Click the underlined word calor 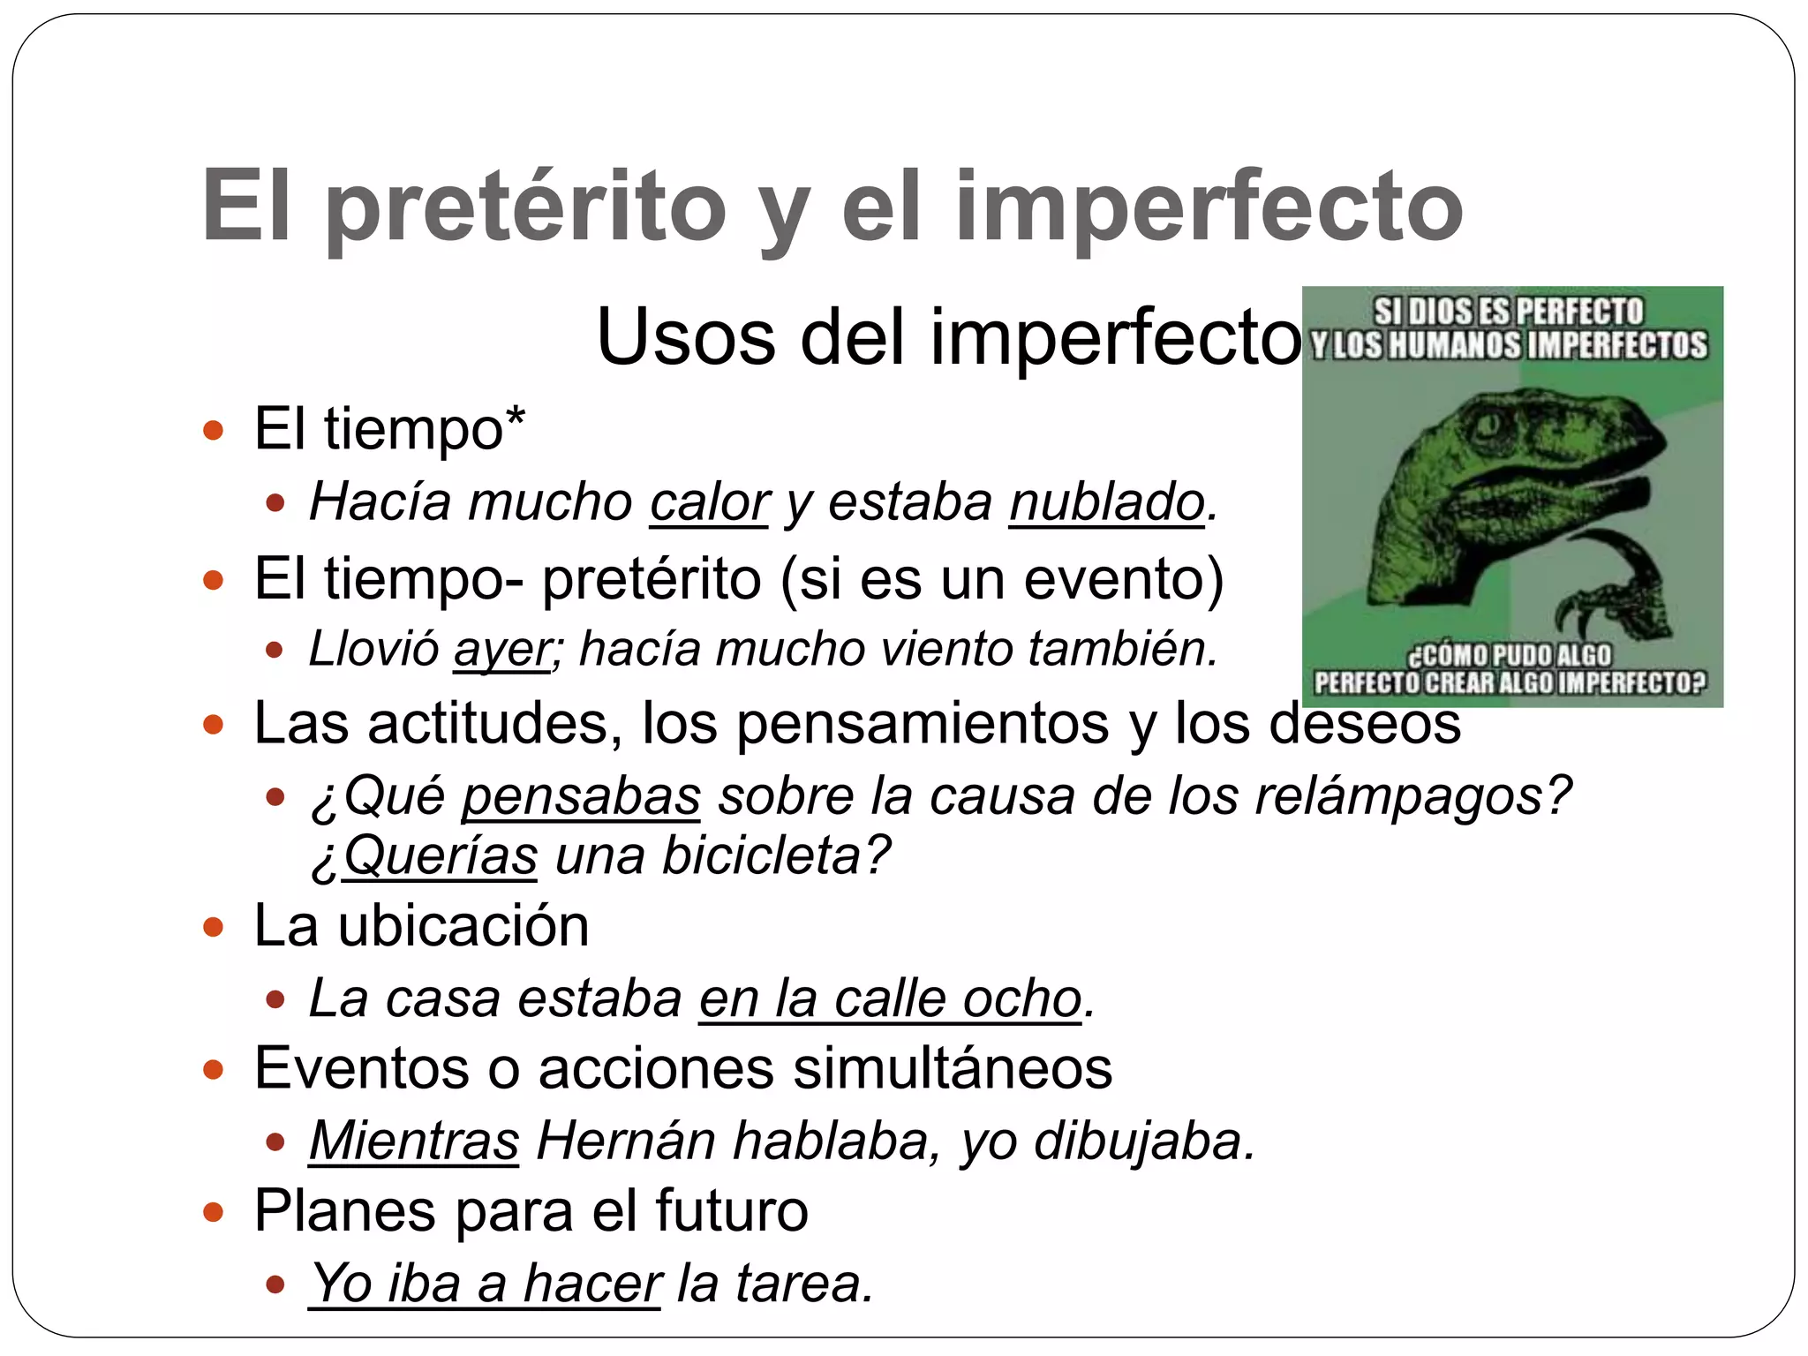click(709, 502)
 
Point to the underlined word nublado click(1107, 502)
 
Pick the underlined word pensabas click(581, 795)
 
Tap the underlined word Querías click(440, 855)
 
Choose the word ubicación click(463, 926)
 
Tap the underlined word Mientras click(414, 1141)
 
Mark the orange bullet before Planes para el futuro click(213, 1212)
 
